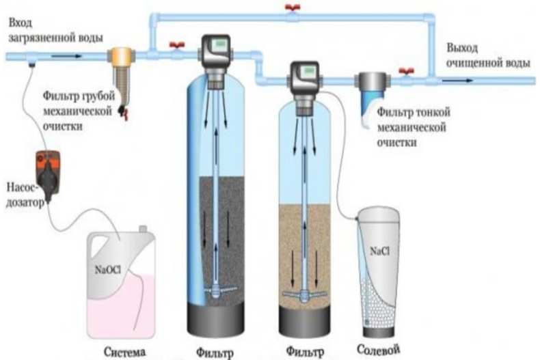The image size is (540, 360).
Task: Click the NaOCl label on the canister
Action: [x=108, y=269]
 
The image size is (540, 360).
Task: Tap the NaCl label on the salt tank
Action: [x=379, y=251]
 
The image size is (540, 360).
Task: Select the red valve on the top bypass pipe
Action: [x=293, y=8]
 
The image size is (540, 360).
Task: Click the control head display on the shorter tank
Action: [x=308, y=71]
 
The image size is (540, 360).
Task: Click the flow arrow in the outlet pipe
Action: [x=458, y=81]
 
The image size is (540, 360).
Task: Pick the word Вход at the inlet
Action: [x=20, y=23]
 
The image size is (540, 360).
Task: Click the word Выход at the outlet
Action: [x=462, y=49]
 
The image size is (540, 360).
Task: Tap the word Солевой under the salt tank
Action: [x=378, y=350]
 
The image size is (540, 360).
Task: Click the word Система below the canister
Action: [x=125, y=352]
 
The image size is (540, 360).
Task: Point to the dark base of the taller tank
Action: [x=215, y=320]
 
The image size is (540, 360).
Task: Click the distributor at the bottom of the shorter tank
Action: [x=304, y=295]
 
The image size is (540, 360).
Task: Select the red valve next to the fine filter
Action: [x=407, y=72]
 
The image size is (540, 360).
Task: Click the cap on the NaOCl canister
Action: [x=143, y=229]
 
